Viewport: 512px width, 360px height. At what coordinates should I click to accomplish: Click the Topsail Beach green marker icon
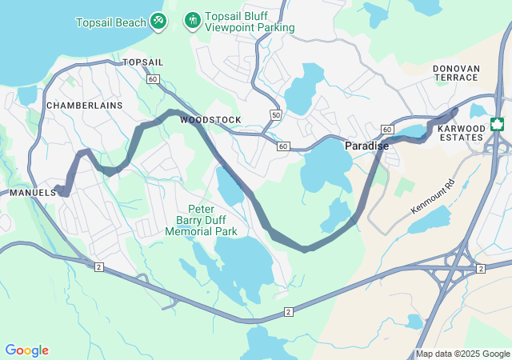tap(158, 19)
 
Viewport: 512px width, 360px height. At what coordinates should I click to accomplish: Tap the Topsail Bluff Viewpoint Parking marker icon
tap(192, 19)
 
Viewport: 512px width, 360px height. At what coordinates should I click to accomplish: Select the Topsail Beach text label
tap(110, 22)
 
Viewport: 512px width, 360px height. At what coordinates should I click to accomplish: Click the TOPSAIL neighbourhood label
tap(143, 62)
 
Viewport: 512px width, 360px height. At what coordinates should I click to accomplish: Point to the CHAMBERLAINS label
tap(85, 106)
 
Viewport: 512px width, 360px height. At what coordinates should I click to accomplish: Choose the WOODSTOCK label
tap(210, 120)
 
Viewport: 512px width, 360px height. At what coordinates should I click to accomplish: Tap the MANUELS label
tap(33, 193)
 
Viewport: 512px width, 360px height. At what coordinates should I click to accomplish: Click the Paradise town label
tap(366, 146)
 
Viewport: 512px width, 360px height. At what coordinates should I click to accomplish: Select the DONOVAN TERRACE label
tap(456, 74)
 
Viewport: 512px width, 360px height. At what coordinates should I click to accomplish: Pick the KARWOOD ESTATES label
tap(462, 133)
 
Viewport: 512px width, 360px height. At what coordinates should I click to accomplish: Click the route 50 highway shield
tap(276, 115)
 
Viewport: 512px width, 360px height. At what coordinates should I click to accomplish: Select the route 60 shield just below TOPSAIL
tap(153, 78)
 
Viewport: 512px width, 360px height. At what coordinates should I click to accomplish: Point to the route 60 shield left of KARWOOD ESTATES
tap(387, 130)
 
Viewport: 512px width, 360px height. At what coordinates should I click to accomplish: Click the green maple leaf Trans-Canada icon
tap(497, 124)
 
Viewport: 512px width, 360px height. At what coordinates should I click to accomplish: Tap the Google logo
tap(26, 350)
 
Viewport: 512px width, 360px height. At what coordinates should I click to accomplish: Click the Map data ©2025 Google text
tap(462, 354)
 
